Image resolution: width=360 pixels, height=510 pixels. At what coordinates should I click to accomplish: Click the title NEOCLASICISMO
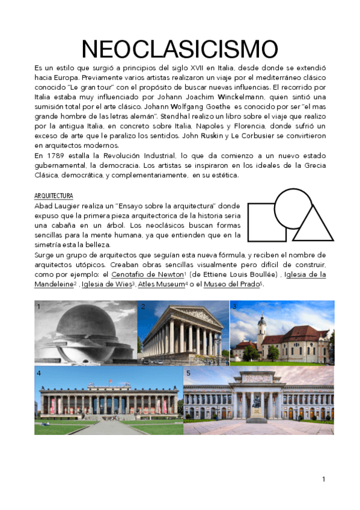[x=180, y=50]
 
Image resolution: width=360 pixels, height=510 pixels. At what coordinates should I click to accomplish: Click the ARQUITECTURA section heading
[x=53, y=196]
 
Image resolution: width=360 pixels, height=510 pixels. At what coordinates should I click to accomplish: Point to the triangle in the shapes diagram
[x=312, y=226]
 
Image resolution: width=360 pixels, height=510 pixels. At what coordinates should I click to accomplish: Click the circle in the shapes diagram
[x=293, y=208]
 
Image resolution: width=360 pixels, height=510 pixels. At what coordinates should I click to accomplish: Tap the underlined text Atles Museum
[x=160, y=284]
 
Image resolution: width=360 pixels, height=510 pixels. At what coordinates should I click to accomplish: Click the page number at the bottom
[x=323, y=479]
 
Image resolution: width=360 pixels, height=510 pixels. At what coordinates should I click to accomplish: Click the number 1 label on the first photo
[x=39, y=307]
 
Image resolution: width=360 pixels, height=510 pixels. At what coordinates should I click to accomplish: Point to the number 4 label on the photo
[x=39, y=373]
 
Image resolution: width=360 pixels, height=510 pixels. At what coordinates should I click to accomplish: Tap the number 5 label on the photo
[x=188, y=373]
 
